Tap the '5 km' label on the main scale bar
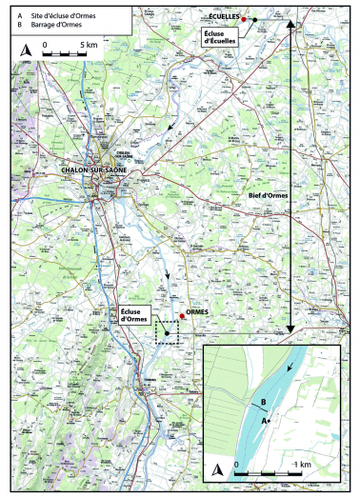(89, 45)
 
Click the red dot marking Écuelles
(244, 19)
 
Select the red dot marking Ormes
(181, 317)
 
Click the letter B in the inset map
(263, 403)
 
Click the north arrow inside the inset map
(218, 469)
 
